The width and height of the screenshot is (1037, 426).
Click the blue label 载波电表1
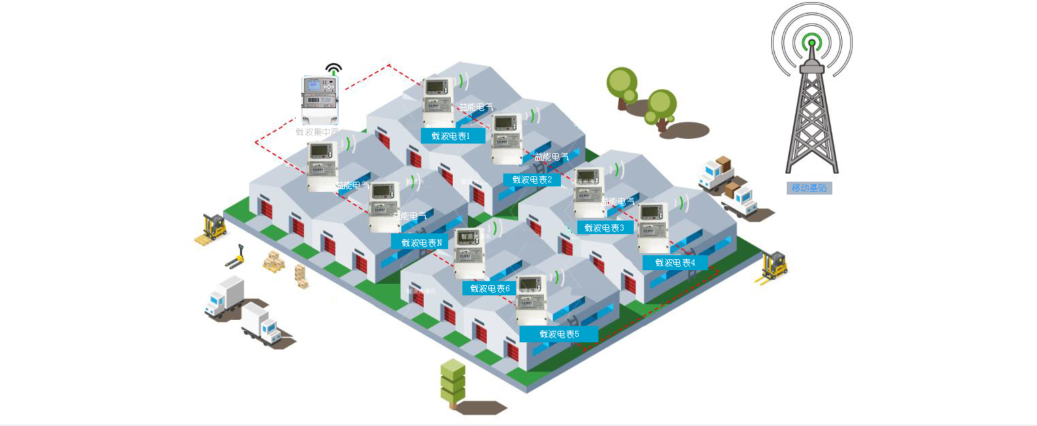(453, 136)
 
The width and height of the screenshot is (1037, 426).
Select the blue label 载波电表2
(532, 180)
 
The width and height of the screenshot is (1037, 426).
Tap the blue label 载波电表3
(605, 228)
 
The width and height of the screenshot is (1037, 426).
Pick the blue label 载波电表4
(675, 263)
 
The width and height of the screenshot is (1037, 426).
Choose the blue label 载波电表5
(559, 334)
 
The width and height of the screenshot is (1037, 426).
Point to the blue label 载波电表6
(489, 289)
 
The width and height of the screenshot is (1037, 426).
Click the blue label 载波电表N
(421, 242)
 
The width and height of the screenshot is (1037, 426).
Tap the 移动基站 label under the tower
(809, 188)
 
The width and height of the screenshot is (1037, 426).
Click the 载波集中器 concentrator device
(320, 100)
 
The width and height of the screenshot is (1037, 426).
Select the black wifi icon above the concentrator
(333, 69)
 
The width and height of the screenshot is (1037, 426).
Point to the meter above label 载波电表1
(438, 102)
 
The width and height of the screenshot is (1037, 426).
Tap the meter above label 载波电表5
(531, 300)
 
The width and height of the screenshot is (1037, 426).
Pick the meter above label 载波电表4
(653, 229)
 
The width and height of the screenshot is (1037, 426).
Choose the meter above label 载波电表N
(384, 206)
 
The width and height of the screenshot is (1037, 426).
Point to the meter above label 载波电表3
(589, 193)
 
